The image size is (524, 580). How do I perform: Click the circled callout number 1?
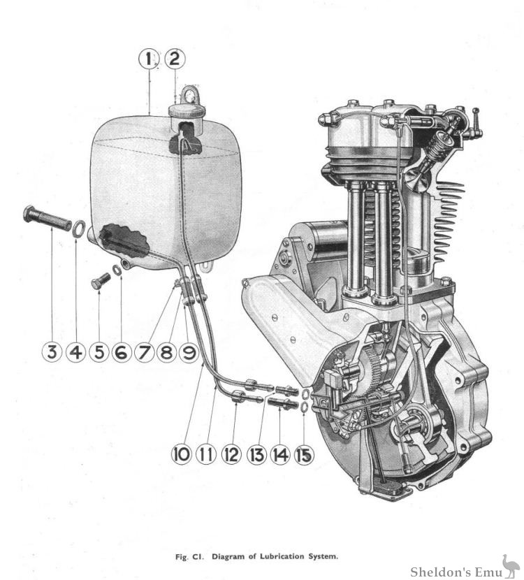click(x=150, y=59)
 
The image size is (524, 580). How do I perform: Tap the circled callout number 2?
click(x=174, y=59)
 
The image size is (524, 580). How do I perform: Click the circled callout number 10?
click(x=181, y=454)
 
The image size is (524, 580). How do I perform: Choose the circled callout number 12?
click(x=231, y=454)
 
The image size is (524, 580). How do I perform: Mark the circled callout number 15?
click(x=304, y=454)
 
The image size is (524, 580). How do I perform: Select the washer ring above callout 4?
click(x=79, y=227)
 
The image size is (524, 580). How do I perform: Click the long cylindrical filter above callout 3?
click(x=48, y=218)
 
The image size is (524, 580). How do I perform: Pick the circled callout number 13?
click(x=256, y=454)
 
